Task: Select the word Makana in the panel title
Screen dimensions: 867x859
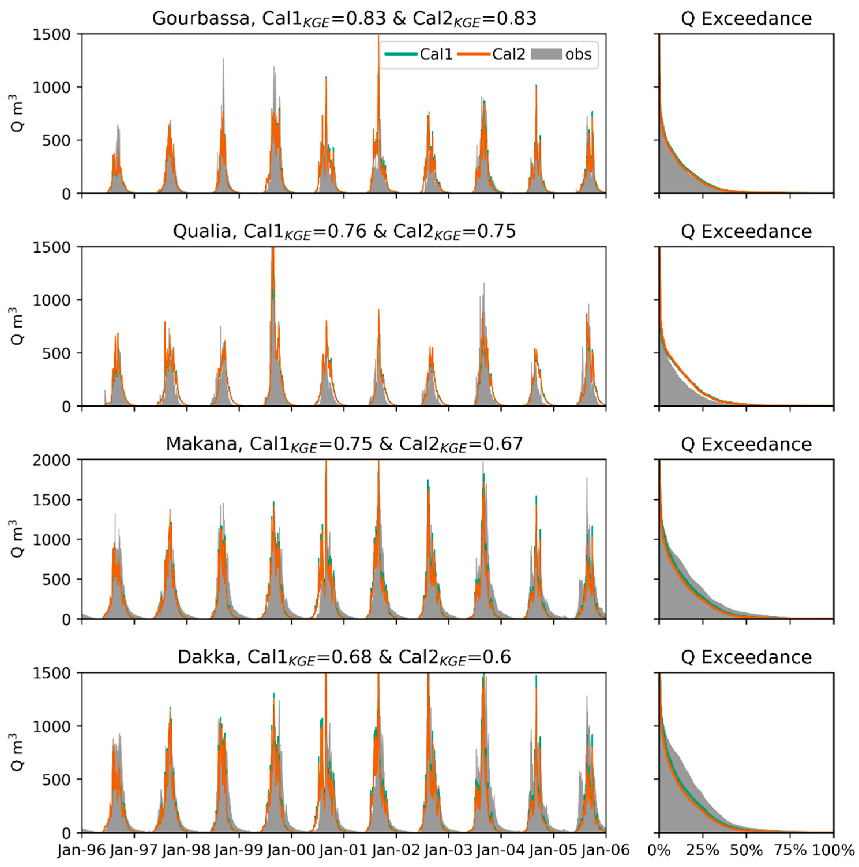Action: [201, 444]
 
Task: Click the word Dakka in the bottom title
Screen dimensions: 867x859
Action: [206, 657]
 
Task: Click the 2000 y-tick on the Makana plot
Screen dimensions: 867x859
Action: [51, 460]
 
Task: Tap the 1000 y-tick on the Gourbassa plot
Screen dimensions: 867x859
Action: [51, 87]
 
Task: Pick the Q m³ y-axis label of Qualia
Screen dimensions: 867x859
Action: [17, 326]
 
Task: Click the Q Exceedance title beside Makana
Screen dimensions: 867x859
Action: [746, 444]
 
